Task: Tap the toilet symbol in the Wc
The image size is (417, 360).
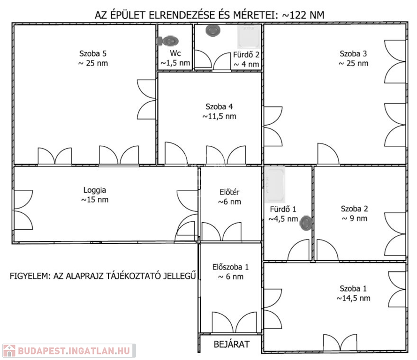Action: (166, 41)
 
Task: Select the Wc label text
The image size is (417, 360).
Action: (175, 53)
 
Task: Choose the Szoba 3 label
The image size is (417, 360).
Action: (353, 53)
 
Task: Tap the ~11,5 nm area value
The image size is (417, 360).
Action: (219, 116)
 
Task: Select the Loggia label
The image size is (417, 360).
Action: (95, 190)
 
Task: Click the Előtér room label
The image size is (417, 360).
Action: (229, 192)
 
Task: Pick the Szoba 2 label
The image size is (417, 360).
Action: (354, 209)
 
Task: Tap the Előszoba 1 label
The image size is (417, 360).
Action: (230, 267)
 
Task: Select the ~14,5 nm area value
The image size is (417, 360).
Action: (353, 298)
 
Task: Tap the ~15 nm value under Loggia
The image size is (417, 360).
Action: (95, 200)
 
